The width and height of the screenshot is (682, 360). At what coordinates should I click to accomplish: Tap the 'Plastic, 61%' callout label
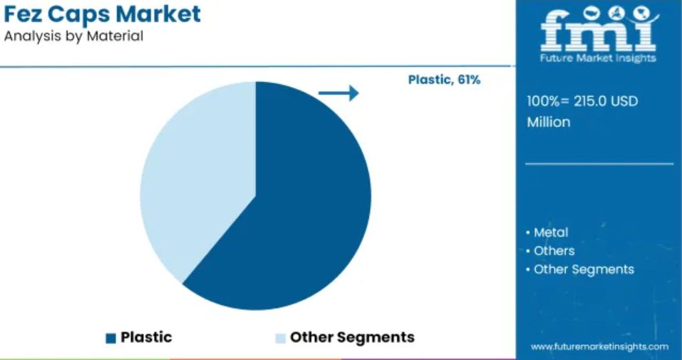[444, 80]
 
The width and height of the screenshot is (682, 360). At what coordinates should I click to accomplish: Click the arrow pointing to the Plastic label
[339, 93]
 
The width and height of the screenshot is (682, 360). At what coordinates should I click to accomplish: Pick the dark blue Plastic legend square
[111, 338]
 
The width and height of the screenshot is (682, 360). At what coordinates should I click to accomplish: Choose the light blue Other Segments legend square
[281, 338]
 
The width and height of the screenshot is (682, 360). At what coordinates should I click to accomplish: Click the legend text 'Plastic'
[146, 337]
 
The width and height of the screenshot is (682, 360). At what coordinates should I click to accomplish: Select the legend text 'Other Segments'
[352, 337]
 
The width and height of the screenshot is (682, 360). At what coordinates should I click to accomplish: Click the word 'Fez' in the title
[23, 14]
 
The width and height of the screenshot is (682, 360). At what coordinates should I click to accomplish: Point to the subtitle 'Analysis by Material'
[73, 36]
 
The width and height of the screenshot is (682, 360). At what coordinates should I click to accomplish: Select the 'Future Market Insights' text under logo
[599, 58]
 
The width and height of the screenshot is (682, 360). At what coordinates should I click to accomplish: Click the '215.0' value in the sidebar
[587, 101]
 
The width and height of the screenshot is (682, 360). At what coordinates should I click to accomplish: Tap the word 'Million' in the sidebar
[549, 123]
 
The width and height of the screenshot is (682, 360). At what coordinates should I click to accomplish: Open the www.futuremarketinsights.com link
[599, 347]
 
